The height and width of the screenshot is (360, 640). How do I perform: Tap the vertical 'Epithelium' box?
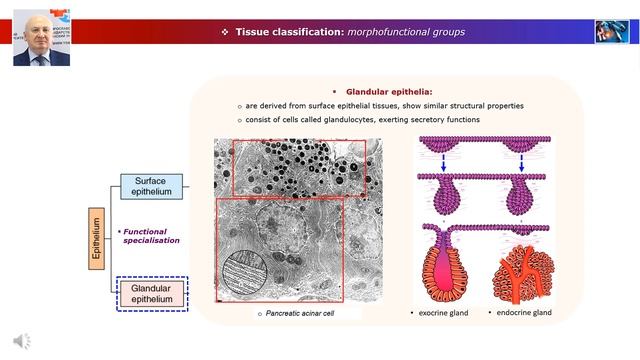click(96, 240)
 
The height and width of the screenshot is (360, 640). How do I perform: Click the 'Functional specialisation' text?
click(151, 235)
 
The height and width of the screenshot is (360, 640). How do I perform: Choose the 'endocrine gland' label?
click(523, 313)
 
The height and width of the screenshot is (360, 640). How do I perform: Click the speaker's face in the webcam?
click(41, 39)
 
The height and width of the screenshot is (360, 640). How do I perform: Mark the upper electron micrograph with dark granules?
click(299, 166)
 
